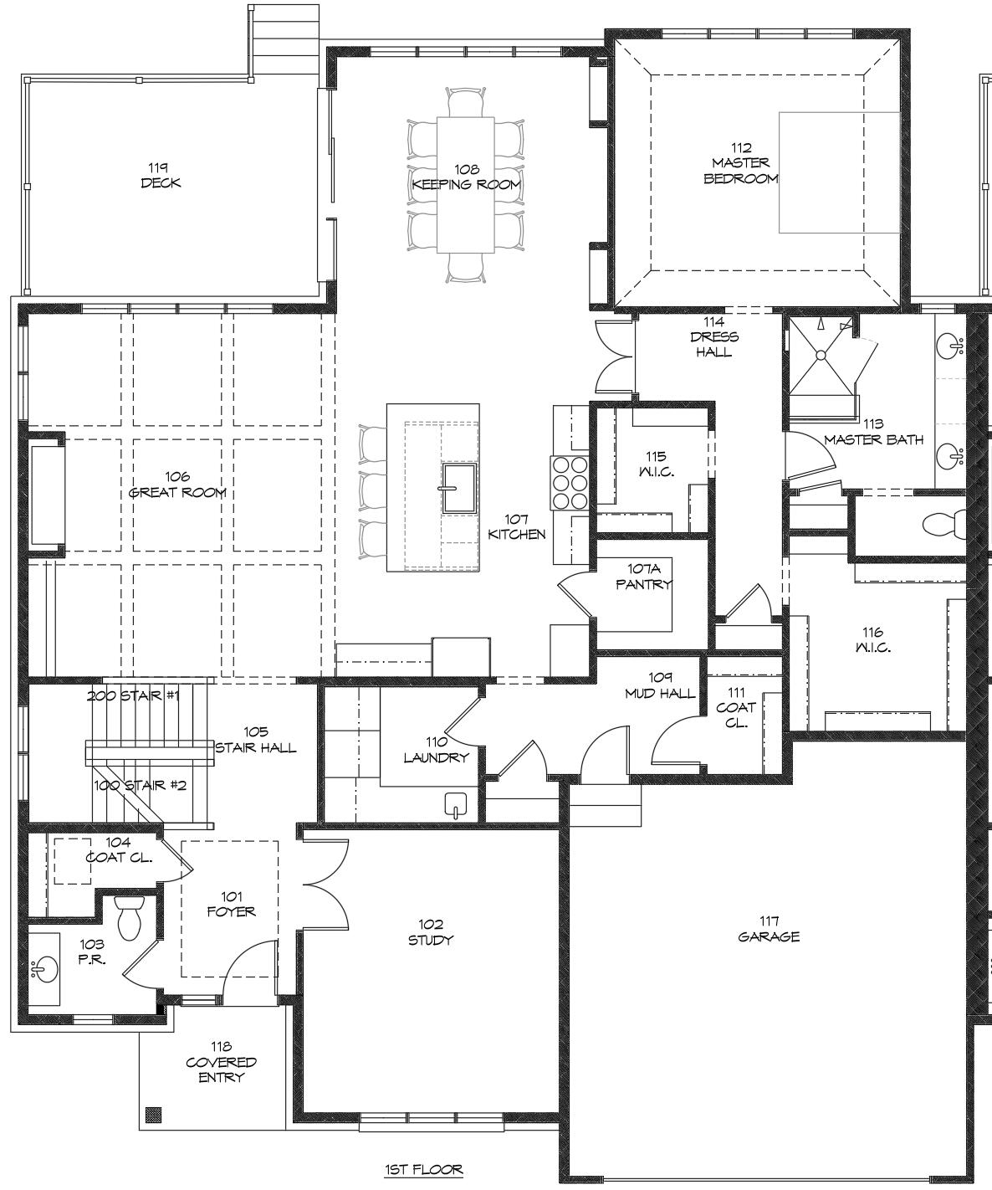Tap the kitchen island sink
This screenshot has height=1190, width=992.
[459, 489]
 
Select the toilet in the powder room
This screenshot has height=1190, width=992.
[129, 917]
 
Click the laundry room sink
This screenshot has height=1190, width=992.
[455, 805]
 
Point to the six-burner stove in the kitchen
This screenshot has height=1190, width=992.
[570, 482]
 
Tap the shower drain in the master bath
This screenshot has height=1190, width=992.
[821, 355]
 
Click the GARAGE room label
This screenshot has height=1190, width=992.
[769, 936]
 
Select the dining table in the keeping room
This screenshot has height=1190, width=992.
[465, 185]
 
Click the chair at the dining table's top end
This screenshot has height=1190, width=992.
[466, 102]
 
